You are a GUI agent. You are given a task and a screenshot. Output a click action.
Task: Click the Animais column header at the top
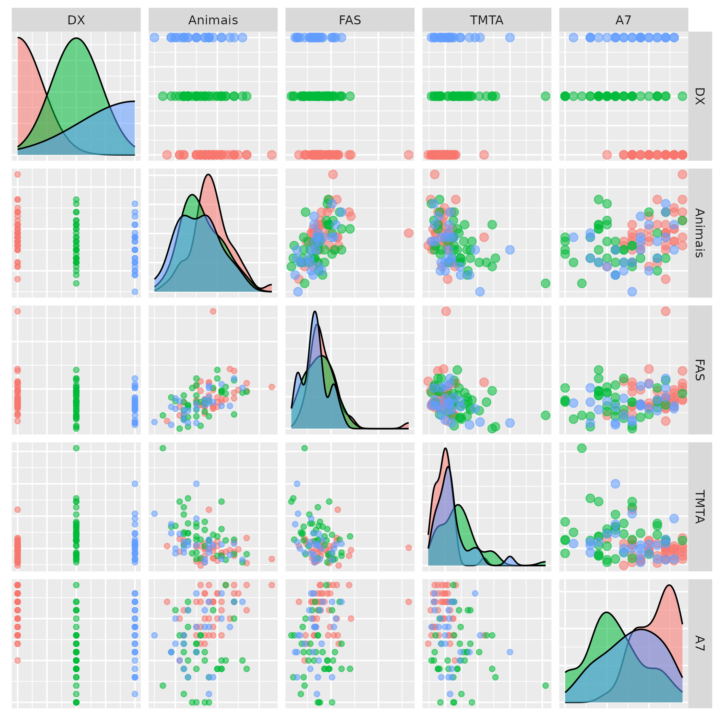213,20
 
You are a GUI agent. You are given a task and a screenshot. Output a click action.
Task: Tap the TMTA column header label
486,20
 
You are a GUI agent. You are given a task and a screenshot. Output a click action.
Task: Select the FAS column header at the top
350,20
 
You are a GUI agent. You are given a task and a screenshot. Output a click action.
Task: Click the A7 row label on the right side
699,644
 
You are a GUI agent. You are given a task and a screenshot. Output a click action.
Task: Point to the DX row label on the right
699,96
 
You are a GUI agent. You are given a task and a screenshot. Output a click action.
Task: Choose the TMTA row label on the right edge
699,507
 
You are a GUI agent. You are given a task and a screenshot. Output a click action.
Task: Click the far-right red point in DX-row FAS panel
408,155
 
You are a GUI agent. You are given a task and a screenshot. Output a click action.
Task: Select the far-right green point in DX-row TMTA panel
545,96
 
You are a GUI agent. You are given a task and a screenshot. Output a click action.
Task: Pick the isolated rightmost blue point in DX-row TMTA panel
510,38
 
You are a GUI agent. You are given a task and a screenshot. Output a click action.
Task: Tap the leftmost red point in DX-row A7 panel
607,155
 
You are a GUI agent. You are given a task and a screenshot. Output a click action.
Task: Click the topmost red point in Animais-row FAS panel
333,175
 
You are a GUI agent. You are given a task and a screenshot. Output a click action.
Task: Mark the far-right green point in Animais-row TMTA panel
545,283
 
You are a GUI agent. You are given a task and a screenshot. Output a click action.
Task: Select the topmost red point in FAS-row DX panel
17,311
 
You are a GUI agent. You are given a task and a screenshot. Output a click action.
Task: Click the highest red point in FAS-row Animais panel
213,311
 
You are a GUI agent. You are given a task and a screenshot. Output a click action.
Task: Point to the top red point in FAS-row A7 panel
665,311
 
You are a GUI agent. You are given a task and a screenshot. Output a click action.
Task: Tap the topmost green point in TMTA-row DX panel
76,448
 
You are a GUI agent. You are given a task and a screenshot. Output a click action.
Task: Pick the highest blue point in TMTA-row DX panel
135,484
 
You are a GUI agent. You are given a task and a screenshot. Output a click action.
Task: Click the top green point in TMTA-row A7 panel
582,448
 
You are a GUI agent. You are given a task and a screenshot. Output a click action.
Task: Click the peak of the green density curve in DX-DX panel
76,38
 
